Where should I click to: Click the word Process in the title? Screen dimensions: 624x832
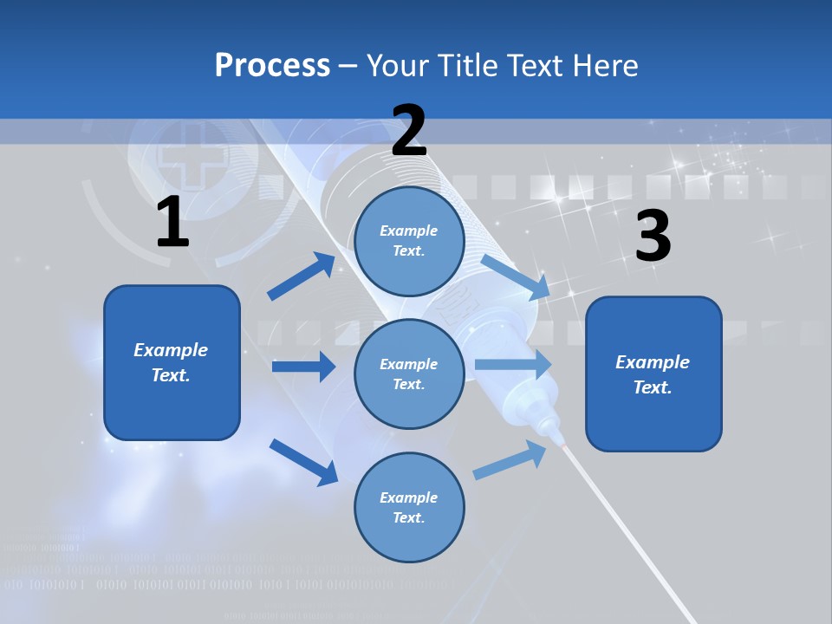coord(272,65)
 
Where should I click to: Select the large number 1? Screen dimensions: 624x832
coord(172,223)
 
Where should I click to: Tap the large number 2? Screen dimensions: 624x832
coord(409,130)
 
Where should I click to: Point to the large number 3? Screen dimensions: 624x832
coord(653,237)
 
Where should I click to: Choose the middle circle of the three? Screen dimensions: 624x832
coord(409,374)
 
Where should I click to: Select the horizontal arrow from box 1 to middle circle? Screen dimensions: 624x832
coord(303,367)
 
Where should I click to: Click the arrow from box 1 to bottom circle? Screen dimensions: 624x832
coord(303,461)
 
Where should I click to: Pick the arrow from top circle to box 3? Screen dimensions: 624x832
coord(516,276)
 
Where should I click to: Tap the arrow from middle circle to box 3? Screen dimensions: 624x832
coord(513,365)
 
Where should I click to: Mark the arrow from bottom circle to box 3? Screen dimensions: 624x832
coord(511,460)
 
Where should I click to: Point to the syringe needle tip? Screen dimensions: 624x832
coord(563,443)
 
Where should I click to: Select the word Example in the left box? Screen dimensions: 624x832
coord(171,350)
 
